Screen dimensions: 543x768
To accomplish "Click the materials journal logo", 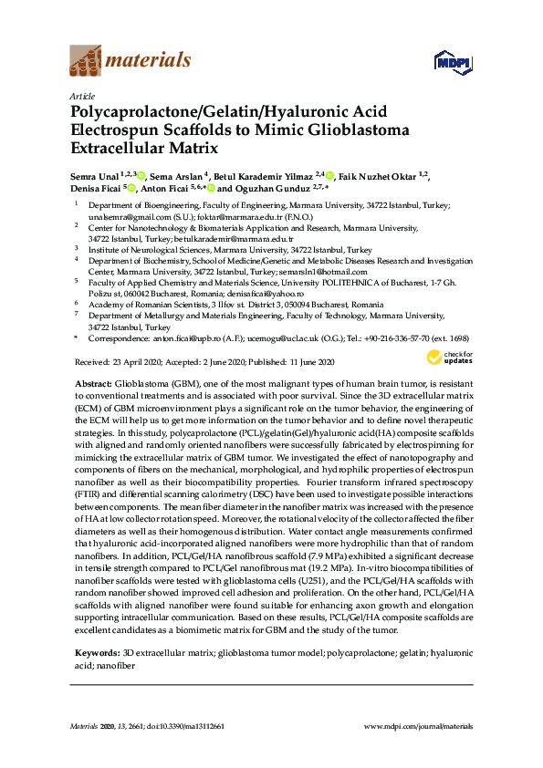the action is coord(131,61).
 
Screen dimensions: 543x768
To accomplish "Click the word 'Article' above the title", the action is coord(80,97).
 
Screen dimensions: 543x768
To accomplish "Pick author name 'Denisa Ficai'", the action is coord(96,189).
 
